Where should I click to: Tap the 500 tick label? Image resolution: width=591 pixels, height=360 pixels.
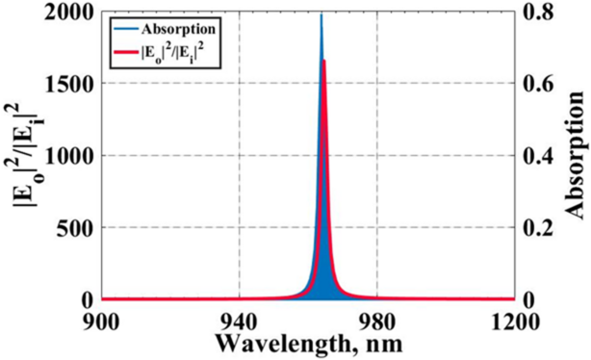pos(78,228)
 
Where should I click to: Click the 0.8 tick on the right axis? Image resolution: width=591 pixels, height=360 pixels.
pos(535,13)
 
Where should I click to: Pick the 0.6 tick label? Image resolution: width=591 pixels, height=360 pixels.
pos(535,85)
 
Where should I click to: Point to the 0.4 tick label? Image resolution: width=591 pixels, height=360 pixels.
pos(535,156)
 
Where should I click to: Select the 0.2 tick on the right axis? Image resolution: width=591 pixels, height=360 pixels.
pos(535,228)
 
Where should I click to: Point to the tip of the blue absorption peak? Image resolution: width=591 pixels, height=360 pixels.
pos(321,14)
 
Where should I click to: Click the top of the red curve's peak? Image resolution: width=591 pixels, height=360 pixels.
pos(324,61)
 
